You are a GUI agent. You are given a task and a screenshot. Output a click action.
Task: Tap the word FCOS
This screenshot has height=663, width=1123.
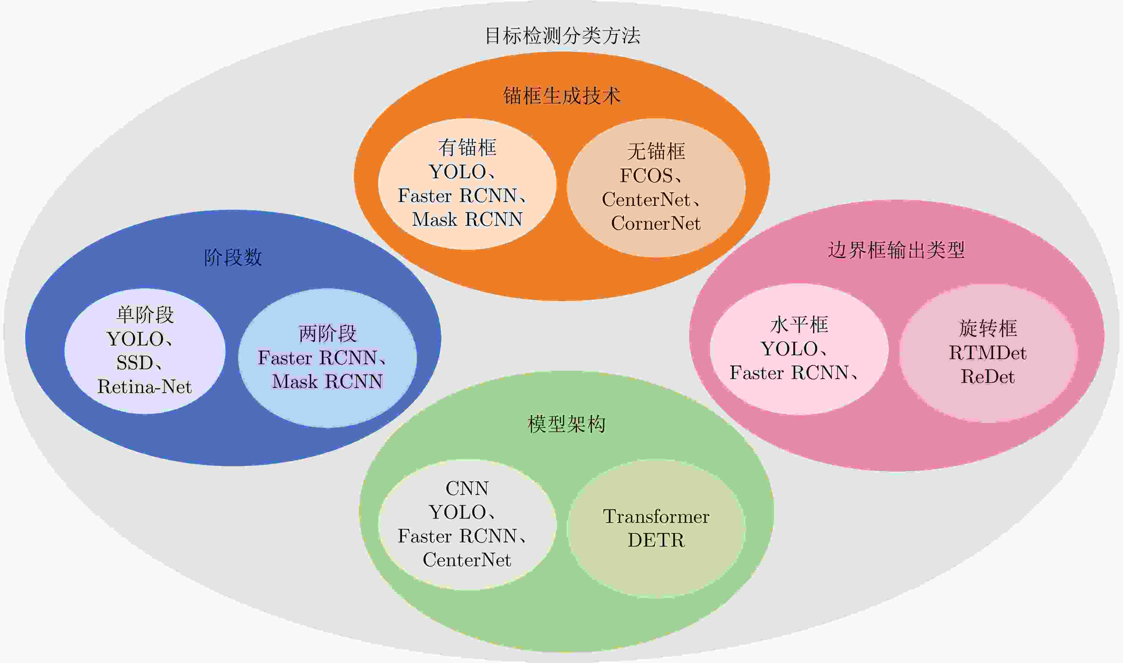pos(646,176)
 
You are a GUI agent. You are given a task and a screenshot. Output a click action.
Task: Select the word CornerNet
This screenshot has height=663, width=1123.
pos(656,223)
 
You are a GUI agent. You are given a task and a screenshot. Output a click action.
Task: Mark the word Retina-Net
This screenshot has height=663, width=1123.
pos(144,386)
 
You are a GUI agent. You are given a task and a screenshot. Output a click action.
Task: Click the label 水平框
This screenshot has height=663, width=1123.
pos(799,325)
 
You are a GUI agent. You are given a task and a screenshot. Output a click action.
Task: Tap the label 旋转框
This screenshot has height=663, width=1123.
pos(988,328)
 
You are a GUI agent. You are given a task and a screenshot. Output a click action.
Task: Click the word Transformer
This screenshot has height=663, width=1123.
pos(656,517)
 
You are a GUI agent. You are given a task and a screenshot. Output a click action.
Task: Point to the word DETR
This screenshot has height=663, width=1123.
pos(656,540)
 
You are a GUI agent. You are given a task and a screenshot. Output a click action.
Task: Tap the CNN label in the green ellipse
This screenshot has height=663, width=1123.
pos(467,488)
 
